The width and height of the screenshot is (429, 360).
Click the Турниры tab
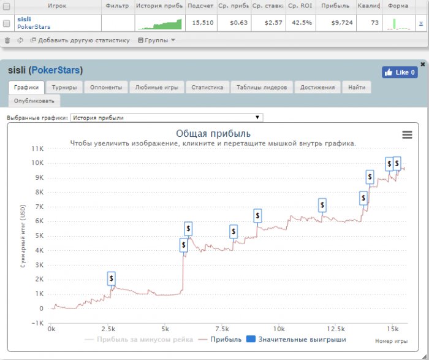(64, 88)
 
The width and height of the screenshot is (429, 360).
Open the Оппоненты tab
(105, 88)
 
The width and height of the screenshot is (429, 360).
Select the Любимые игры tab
(158, 88)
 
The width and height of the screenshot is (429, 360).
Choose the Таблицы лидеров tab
(262, 88)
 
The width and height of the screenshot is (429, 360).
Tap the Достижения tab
(317, 88)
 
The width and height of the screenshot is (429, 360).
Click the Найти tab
(357, 88)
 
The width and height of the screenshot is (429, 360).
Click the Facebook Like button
(400, 72)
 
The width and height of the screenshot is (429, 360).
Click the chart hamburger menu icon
(406, 135)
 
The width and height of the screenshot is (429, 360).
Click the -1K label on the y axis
(37, 323)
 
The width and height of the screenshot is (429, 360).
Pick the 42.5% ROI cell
(300, 22)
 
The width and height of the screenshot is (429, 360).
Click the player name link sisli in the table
(25, 19)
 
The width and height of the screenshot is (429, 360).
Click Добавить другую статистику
(83, 40)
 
